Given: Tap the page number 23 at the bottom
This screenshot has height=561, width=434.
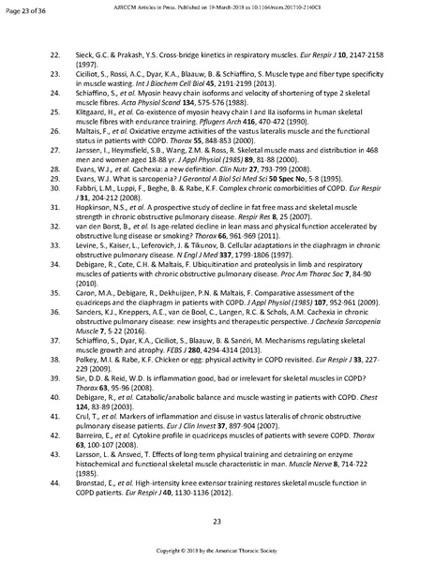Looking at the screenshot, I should pos(217,521).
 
